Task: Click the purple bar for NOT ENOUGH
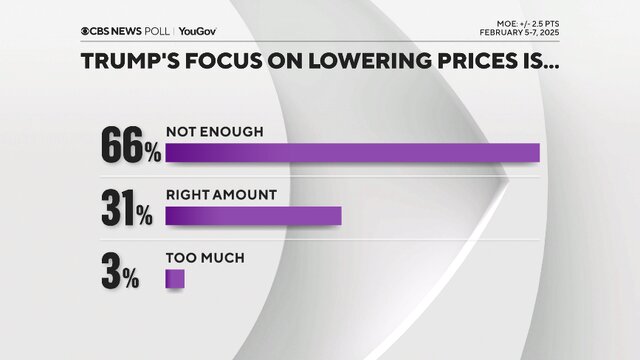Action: [352, 153]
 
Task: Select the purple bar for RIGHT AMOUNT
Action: [253, 216]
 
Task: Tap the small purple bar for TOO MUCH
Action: [175, 279]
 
